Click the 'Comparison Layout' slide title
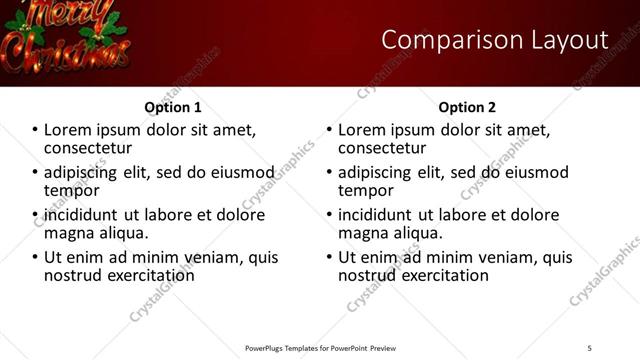point(495,40)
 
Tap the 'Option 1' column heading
point(173,107)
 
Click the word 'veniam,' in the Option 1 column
point(208,257)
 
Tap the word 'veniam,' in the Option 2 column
point(502,257)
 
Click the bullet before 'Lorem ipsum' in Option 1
point(35,130)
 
